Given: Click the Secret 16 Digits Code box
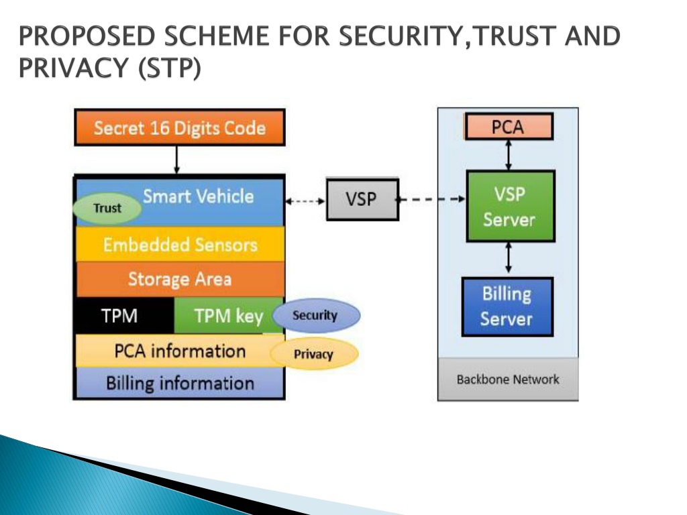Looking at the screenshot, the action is click(180, 127).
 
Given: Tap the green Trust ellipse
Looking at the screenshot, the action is click(107, 209).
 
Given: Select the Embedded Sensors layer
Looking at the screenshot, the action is click(180, 244).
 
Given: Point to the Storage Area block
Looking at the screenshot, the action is click(180, 280).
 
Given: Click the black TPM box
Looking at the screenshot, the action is click(125, 315).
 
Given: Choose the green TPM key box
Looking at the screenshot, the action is click(223, 315).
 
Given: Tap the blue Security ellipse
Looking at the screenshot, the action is click(316, 315).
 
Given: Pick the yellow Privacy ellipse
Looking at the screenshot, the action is click(314, 354).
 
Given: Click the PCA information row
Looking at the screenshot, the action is click(174, 351).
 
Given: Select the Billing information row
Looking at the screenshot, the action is click(180, 383).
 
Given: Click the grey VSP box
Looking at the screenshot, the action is click(362, 199).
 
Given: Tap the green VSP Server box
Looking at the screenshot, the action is click(511, 207).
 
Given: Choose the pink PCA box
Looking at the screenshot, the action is click(509, 127).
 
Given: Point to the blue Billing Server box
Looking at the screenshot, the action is click(507, 306).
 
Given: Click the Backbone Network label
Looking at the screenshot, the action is click(508, 380).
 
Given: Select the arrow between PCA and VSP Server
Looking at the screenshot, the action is click(509, 155).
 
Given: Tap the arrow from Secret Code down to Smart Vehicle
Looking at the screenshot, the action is click(176, 160).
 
